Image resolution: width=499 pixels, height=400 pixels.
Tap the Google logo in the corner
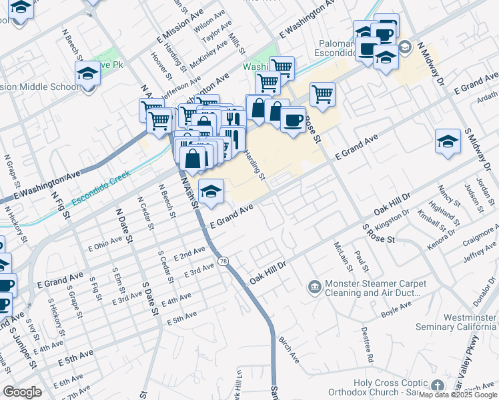click(x=23, y=392)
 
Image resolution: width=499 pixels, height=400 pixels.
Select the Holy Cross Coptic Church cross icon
click(x=437, y=386)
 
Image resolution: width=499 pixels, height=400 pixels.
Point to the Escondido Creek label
click(x=103, y=190)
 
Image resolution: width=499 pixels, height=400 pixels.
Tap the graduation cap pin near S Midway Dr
click(x=448, y=141)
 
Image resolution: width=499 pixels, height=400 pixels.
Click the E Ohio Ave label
click(x=105, y=246)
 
